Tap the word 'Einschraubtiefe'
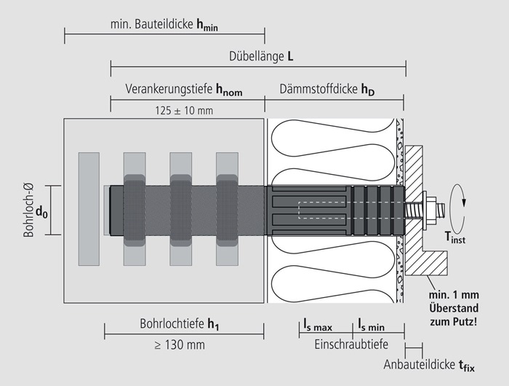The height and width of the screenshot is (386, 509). pos(350,343)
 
